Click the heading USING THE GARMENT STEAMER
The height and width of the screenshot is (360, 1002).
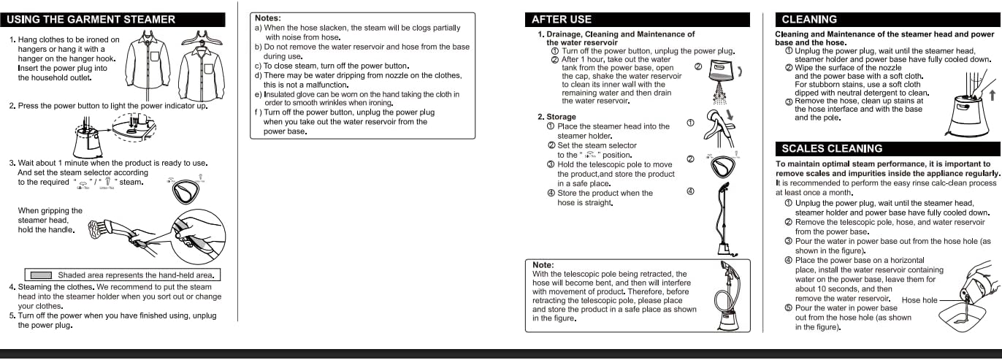[x=92, y=19]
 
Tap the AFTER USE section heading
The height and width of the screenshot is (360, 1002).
[x=562, y=20]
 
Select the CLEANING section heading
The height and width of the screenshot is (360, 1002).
[x=808, y=20]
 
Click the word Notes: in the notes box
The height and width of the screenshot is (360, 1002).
[x=268, y=18]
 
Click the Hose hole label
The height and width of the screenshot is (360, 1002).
[x=919, y=300]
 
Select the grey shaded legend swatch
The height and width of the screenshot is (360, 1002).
[x=41, y=275]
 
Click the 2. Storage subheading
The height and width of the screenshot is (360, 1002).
[x=557, y=117]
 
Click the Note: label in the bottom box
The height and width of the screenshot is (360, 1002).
[x=543, y=265]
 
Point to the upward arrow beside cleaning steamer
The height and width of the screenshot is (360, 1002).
[x=991, y=94]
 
